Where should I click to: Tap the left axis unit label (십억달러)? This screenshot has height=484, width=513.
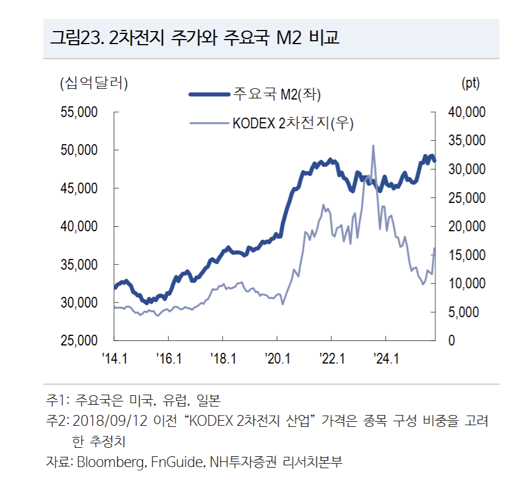pos(94,83)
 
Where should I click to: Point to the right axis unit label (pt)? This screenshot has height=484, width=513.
pos(471,83)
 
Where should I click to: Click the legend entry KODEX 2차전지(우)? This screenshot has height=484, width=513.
pos(292,123)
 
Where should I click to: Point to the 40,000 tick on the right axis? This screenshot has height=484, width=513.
pos(467,113)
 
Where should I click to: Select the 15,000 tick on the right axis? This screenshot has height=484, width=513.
pos(467,256)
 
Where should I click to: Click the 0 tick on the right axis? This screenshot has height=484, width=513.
pos(451,341)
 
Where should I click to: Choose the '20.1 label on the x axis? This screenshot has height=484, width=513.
pos(277,358)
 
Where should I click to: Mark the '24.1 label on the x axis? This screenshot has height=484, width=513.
pos(385,358)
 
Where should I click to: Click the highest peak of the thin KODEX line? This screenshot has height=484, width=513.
pos(373,146)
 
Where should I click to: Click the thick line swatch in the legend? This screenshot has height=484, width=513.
pos(209,94)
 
